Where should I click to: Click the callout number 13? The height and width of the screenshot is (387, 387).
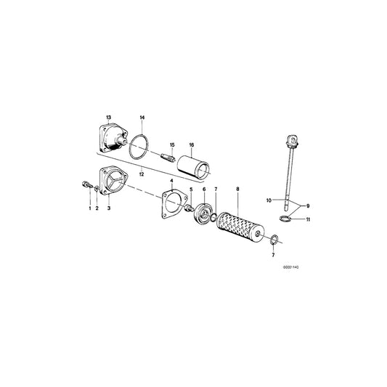[x=109, y=118]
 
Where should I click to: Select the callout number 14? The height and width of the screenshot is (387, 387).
[x=142, y=118]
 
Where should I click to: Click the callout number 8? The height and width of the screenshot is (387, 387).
[x=237, y=190]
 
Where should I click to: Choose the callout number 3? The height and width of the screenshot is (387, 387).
[x=108, y=208]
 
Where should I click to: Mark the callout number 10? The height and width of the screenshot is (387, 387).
[x=269, y=199]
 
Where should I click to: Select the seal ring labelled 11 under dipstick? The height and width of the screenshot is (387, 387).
[x=288, y=219]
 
